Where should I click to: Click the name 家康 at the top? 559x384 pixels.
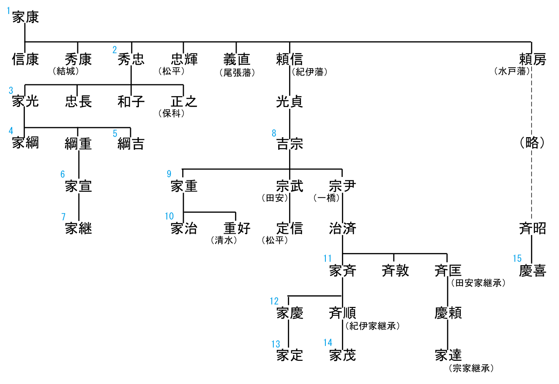[x=25, y=17]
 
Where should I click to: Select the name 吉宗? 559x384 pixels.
[x=290, y=144]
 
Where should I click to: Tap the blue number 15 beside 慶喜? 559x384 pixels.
[x=517, y=259]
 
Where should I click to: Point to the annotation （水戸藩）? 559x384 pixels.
[x=512, y=71]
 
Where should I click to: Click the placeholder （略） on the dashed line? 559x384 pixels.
[x=532, y=143]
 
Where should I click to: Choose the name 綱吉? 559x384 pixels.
[x=131, y=144]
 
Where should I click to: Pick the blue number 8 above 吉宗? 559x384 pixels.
[x=274, y=133]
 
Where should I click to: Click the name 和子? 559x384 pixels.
[x=131, y=102]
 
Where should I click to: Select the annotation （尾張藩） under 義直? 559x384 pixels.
[x=237, y=73]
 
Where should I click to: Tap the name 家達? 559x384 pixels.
[x=449, y=355]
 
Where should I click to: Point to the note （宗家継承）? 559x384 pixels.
[x=471, y=368]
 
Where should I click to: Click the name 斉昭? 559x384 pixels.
[x=532, y=228]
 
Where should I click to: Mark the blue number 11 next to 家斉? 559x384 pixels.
[x=328, y=259]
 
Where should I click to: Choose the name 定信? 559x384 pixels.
[x=290, y=228]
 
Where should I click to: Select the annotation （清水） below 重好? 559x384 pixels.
[x=224, y=240]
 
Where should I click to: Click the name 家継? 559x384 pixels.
[x=79, y=228]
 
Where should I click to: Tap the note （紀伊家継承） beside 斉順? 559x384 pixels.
[x=373, y=326]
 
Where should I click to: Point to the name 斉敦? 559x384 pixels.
[x=396, y=271]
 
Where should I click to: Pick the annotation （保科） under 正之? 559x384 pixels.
[x=171, y=114]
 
